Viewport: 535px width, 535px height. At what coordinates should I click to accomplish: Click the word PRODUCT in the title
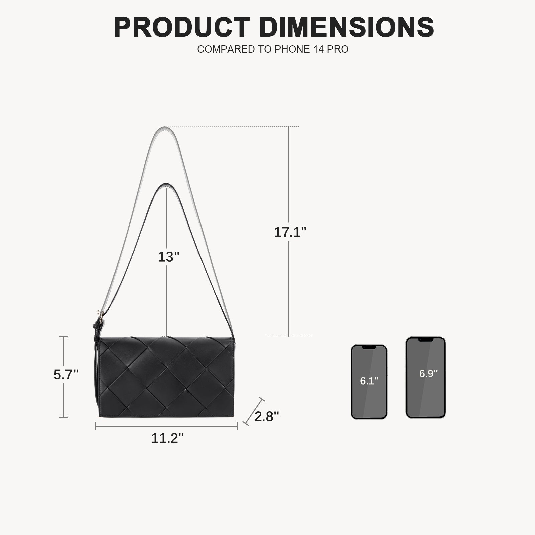[182, 27]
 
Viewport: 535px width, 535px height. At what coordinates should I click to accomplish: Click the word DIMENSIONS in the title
[347, 27]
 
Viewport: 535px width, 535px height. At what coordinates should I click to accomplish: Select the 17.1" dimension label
[290, 232]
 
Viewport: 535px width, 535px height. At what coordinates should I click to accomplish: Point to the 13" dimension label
[169, 257]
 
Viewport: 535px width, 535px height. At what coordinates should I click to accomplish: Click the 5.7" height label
[66, 375]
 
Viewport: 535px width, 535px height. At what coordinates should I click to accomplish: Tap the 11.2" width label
[167, 438]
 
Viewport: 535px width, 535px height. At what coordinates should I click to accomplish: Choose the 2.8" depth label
[267, 417]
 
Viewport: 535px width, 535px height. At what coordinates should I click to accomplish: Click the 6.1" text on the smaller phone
[369, 381]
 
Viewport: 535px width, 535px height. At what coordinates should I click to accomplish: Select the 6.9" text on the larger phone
[428, 373]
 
